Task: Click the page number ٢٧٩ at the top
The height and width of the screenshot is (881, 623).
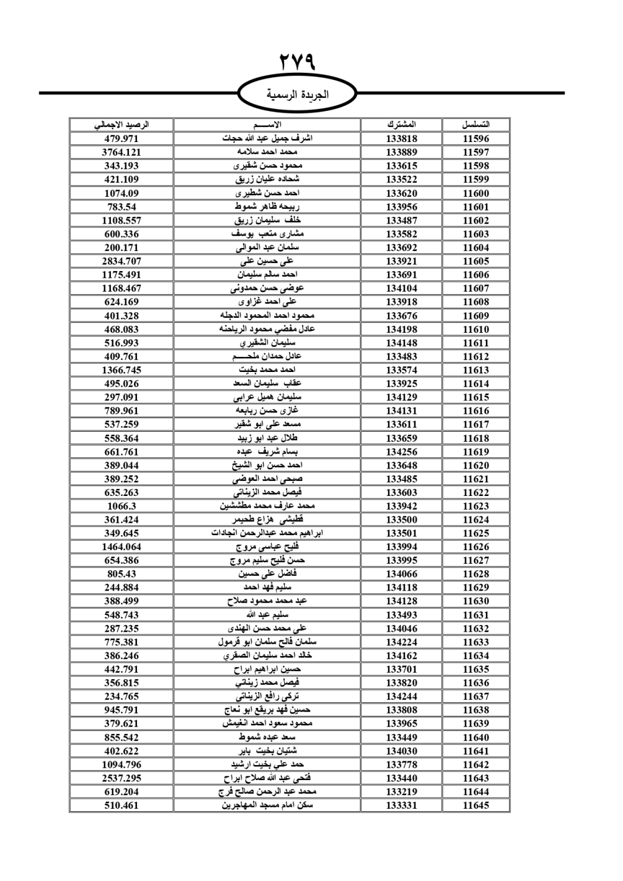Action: coord(297,62)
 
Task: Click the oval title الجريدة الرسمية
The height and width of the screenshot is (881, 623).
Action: coord(297,95)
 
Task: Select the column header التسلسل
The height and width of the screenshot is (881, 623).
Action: coord(476,125)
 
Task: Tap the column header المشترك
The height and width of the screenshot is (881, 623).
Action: coord(401,125)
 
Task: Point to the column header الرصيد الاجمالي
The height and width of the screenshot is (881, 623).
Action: coord(121,125)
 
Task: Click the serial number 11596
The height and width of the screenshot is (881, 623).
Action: coord(476,139)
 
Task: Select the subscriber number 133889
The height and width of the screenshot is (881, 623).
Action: coord(401,152)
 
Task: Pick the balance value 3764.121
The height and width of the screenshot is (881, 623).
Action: coord(121,152)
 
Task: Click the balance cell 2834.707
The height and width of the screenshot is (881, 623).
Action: coord(121,261)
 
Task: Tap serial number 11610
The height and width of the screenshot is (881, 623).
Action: coord(476,329)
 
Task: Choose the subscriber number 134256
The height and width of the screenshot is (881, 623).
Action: coord(401,452)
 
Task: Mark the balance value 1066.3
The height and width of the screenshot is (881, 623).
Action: coord(121,506)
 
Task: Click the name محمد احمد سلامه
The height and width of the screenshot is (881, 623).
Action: coord(267,152)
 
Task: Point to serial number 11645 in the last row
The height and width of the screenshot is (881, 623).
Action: coord(476,805)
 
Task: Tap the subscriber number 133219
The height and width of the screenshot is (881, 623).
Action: coord(401,791)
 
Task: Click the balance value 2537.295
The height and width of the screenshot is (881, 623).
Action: coord(121,778)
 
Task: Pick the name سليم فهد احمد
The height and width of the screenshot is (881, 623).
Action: coord(267,588)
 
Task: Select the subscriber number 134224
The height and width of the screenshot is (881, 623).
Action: coord(401,642)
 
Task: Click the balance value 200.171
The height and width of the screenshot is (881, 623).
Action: coord(121,247)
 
